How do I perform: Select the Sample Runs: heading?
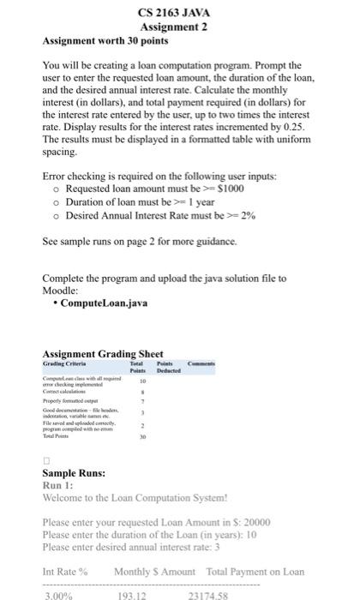pos(74,473)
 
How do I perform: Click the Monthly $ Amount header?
pos(154,572)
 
